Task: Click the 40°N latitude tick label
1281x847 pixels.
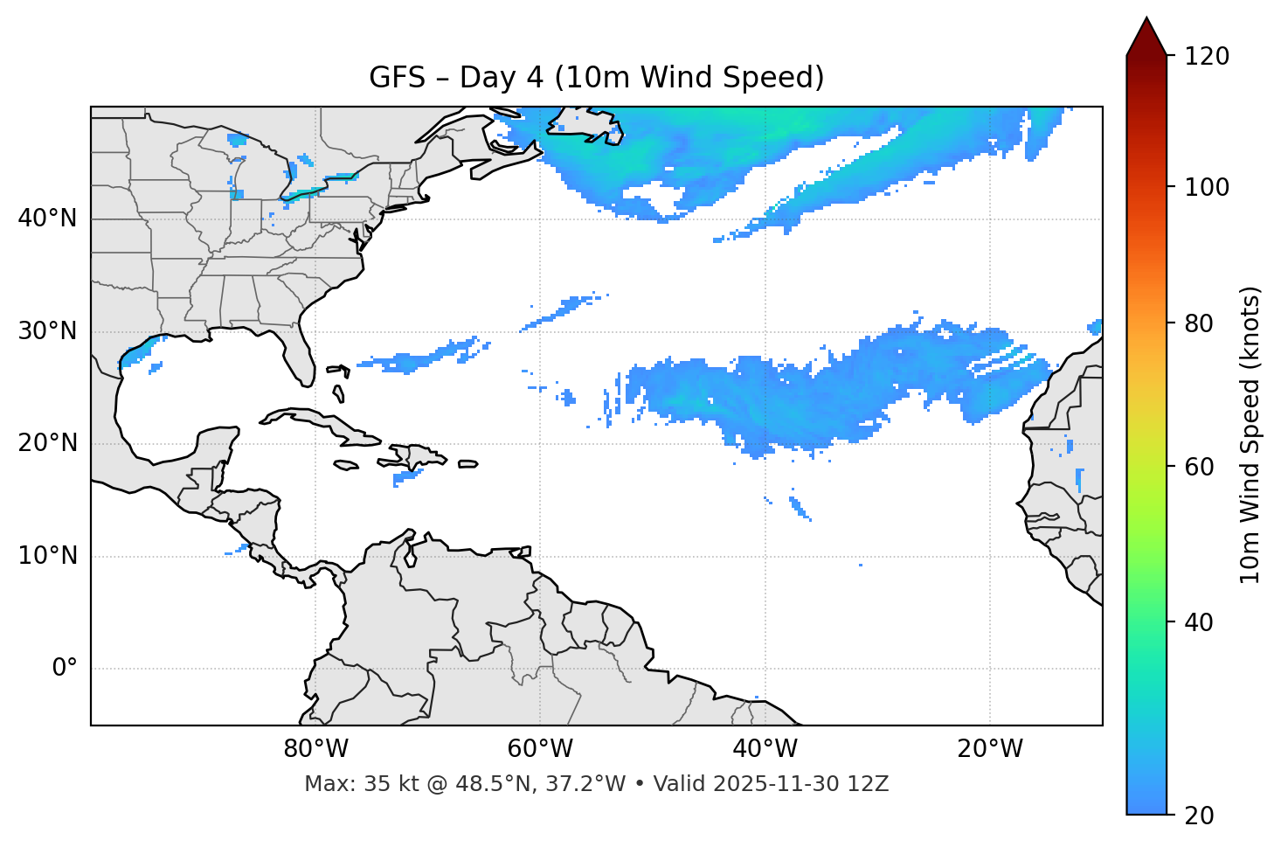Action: [x=47, y=219]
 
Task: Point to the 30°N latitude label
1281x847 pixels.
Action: [x=47, y=331]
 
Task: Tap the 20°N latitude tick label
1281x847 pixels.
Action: [x=47, y=443]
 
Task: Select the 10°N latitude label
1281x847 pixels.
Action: [x=47, y=556]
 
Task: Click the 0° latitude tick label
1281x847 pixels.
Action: [x=64, y=669]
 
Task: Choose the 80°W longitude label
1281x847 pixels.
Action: [x=315, y=749]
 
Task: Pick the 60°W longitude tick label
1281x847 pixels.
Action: [x=540, y=749]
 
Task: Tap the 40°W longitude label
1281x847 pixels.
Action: [x=765, y=749]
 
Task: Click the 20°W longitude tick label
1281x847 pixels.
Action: [x=990, y=749]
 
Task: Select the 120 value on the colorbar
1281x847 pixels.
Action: [x=1207, y=57]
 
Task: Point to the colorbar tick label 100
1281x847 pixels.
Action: [x=1207, y=187]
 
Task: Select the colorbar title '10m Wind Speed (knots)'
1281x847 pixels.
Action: [x=1250, y=434]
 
